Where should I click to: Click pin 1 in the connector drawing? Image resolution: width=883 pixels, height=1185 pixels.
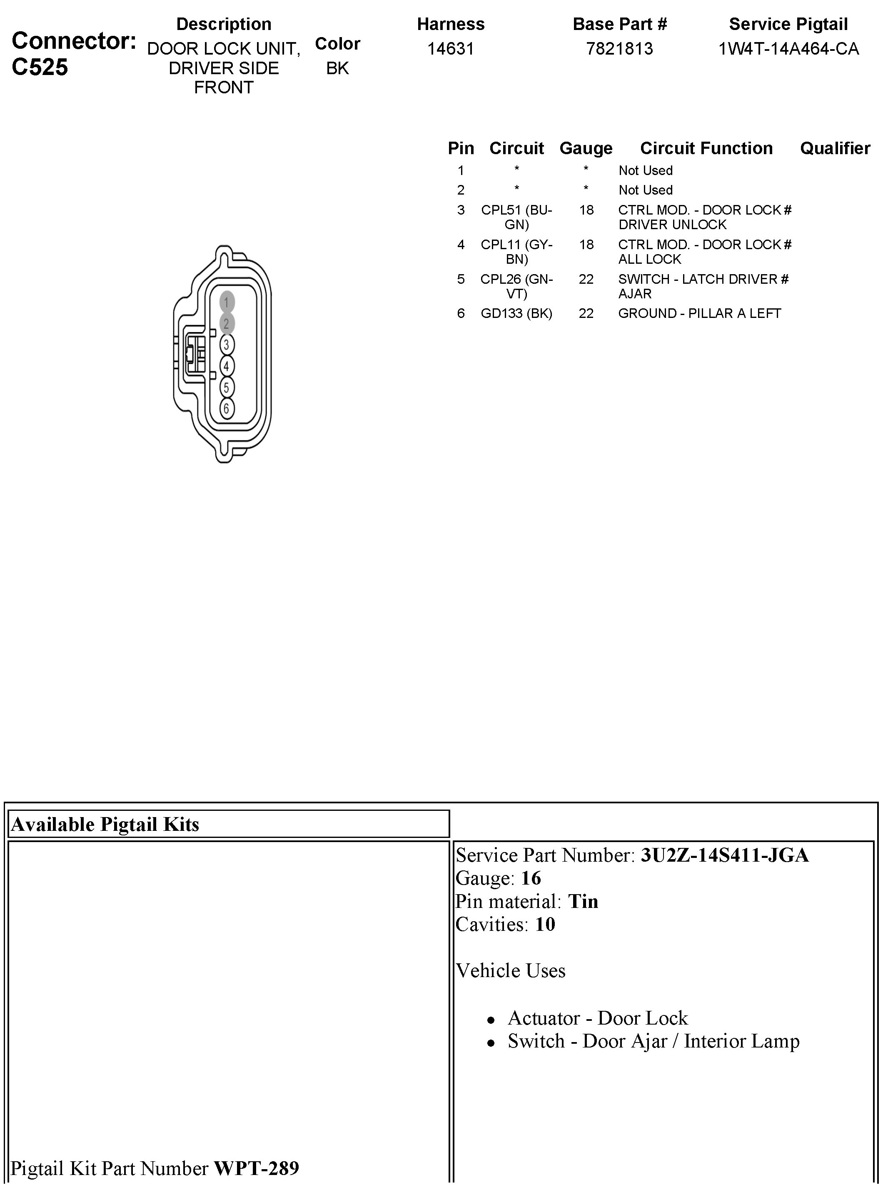(227, 302)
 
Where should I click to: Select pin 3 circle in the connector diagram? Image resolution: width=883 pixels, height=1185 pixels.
(227, 345)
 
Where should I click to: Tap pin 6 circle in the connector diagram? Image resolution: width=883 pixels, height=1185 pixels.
(227, 409)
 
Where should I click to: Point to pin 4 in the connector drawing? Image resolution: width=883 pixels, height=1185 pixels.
(227, 366)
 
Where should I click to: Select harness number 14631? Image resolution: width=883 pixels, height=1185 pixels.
(451, 49)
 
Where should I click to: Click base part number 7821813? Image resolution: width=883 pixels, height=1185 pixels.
(619, 49)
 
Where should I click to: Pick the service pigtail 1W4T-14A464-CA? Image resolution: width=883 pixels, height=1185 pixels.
(788, 49)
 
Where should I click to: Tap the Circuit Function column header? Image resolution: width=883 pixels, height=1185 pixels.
(706, 148)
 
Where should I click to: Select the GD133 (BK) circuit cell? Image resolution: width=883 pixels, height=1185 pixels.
(516, 313)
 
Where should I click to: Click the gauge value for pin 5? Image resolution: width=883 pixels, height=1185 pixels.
(586, 279)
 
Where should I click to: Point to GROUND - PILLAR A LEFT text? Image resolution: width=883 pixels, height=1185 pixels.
(699, 313)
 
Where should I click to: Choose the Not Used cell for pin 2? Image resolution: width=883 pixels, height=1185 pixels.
(645, 190)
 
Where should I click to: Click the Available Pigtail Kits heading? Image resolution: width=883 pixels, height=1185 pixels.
(105, 824)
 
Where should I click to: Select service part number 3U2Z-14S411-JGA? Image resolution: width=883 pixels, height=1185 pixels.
(724, 855)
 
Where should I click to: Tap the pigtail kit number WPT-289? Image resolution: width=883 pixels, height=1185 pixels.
(257, 1168)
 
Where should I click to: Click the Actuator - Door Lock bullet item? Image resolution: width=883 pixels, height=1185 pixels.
(597, 1017)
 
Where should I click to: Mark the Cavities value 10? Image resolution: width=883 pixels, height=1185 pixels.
(545, 924)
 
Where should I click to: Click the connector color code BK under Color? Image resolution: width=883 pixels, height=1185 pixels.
(337, 68)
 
